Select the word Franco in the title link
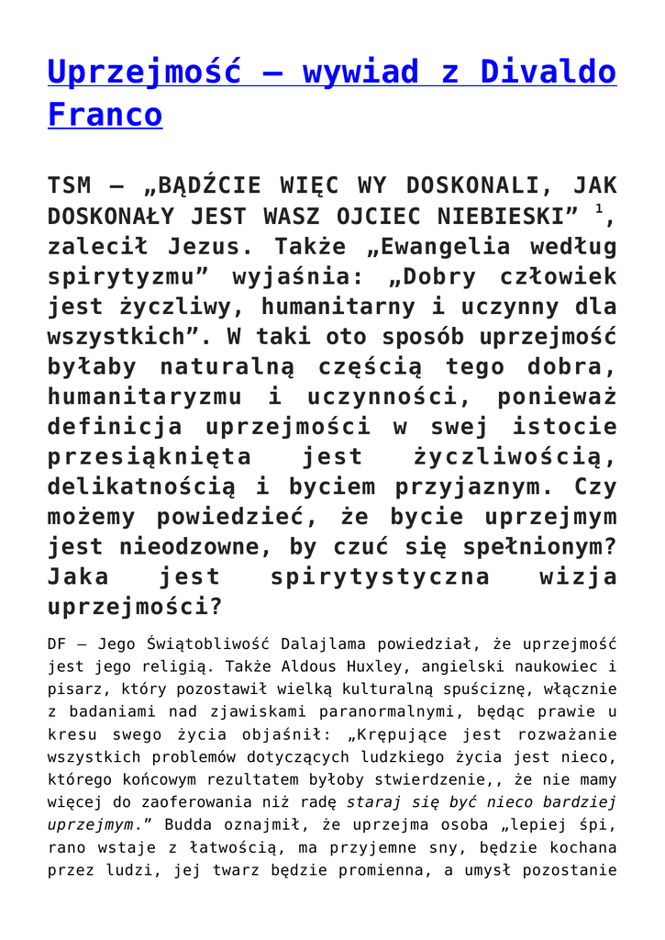[105, 115]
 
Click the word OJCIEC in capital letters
[344, 217]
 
